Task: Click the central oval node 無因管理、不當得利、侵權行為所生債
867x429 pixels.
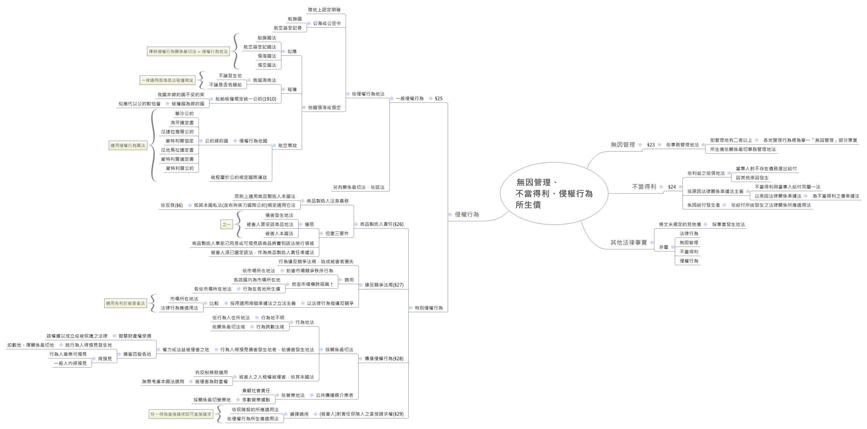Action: click(554, 193)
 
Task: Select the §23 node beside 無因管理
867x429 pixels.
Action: click(651, 145)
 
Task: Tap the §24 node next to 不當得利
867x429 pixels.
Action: click(672, 187)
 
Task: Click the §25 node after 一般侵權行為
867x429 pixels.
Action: click(439, 99)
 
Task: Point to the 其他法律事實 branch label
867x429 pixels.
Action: click(628, 242)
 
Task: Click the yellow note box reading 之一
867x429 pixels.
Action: click(226, 224)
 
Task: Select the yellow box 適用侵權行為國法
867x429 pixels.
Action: click(128, 146)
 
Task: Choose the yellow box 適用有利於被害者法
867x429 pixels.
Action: click(125, 303)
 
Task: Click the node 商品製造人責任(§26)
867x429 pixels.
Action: click(381, 224)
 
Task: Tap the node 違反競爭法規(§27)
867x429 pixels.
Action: click(384, 285)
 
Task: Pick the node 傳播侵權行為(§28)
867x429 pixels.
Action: click(384, 358)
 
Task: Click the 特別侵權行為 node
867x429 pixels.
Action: click(428, 308)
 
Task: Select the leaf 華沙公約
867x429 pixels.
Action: click(184, 114)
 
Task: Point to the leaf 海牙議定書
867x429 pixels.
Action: click(182, 123)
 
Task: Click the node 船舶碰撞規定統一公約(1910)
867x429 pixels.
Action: click(246, 99)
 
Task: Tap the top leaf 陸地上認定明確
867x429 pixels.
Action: click(324, 10)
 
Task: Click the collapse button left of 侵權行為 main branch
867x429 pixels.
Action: click(450, 215)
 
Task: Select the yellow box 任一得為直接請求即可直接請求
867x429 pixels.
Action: click(181, 414)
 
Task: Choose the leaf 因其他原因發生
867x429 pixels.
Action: click(752, 178)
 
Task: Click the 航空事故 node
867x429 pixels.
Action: click(287, 146)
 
